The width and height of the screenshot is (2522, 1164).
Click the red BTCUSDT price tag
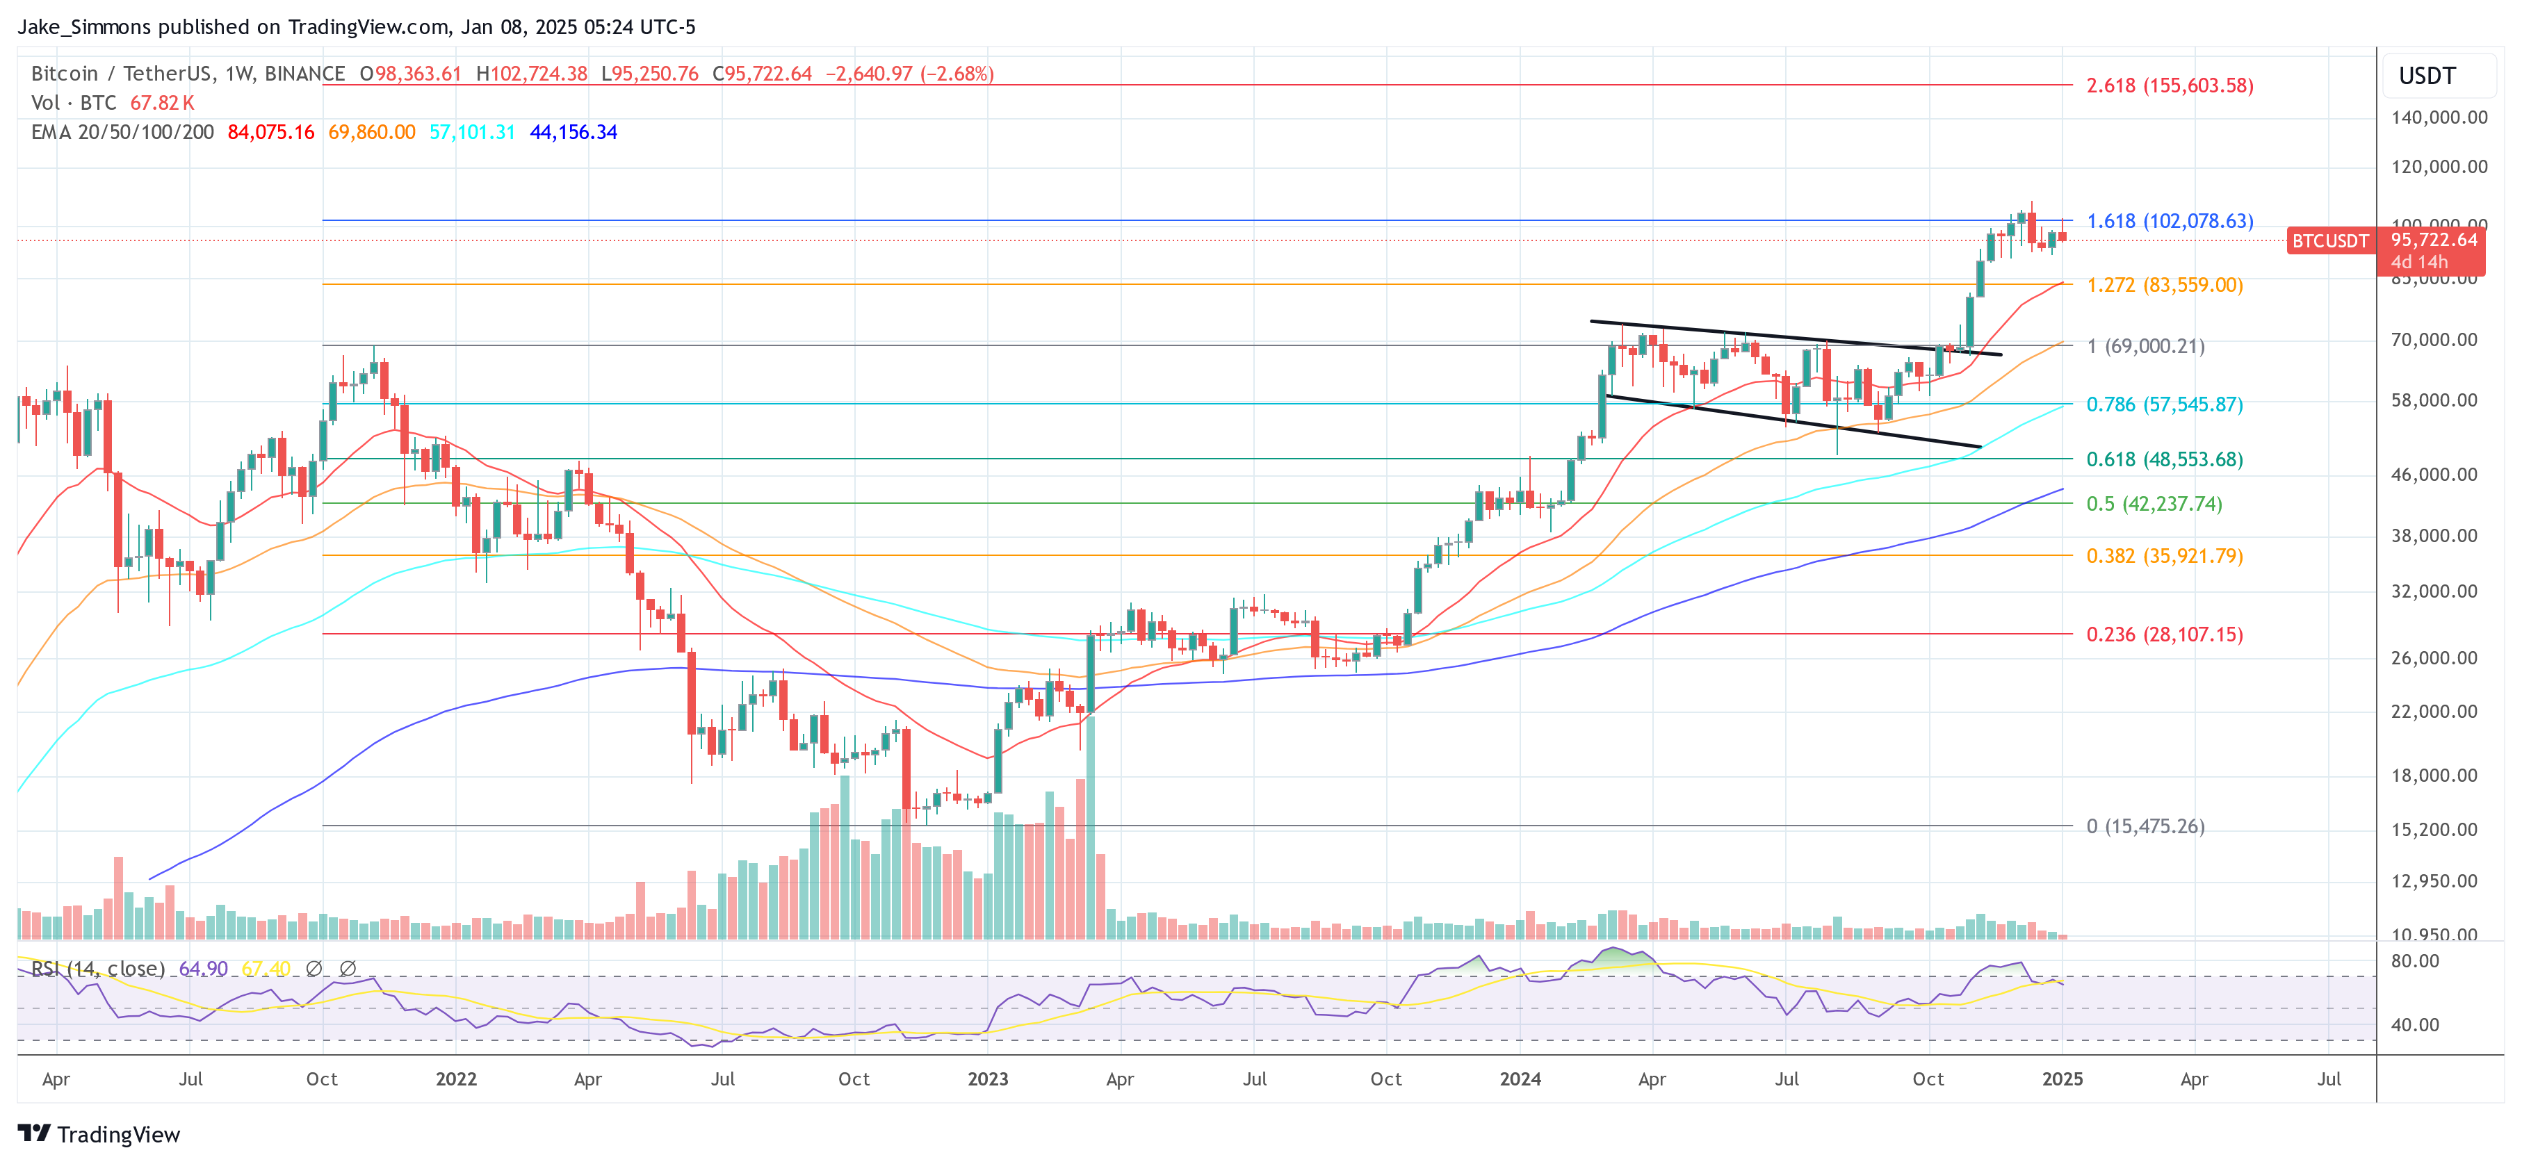click(x=2329, y=241)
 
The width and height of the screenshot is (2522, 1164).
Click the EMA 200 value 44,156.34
click(x=573, y=132)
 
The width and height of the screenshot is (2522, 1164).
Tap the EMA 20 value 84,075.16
click(x=271, y=132)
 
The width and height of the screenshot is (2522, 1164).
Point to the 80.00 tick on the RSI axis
click(x=2414, y=961)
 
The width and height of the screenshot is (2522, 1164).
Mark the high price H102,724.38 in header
click(x=532, y=74)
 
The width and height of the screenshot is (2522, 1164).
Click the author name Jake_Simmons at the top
click(x=84, y=27)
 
